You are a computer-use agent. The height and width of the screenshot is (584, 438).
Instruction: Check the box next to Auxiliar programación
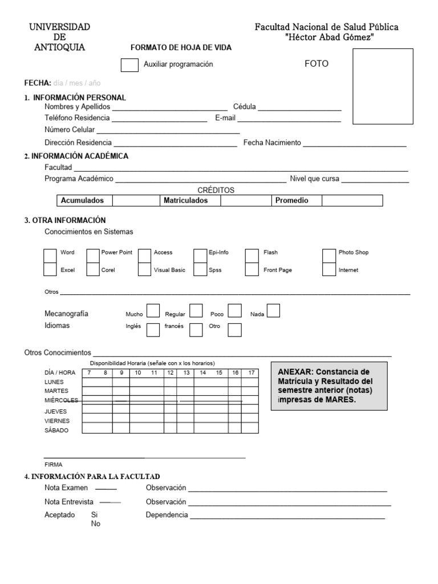(x=129, y=65)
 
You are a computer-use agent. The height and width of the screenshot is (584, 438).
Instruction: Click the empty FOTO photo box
(x=383, y=86)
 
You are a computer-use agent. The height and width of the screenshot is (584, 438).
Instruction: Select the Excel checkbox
(x=50, y=269)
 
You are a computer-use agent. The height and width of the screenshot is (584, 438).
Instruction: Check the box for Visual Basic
(x=144, y=269)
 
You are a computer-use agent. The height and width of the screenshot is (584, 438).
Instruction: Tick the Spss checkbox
(x=200, y=269)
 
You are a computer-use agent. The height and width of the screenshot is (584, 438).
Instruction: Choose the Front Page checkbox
(x=252, y=269)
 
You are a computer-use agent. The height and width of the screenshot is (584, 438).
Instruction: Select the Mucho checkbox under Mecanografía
(x=153, y=310)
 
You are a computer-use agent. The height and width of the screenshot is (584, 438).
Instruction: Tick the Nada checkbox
(x=274, y=310)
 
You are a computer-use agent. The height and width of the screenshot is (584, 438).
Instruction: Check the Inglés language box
(x=153, y=330)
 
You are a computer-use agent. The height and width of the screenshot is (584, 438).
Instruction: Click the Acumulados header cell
(x=82, y=201)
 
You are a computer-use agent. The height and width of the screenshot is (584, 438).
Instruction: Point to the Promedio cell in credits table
(x=291, y=201)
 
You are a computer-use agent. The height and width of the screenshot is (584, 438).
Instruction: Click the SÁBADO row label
(x=56, y=431)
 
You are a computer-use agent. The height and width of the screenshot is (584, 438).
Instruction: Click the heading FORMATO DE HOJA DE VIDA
(x=181, y=48)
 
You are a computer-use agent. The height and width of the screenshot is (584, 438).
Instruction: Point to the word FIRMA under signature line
(x=54, y=464)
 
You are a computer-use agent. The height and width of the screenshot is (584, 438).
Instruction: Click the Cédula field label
(x=245, y=107)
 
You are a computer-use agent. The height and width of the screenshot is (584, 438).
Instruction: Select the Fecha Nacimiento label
(x=272, y=143)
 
